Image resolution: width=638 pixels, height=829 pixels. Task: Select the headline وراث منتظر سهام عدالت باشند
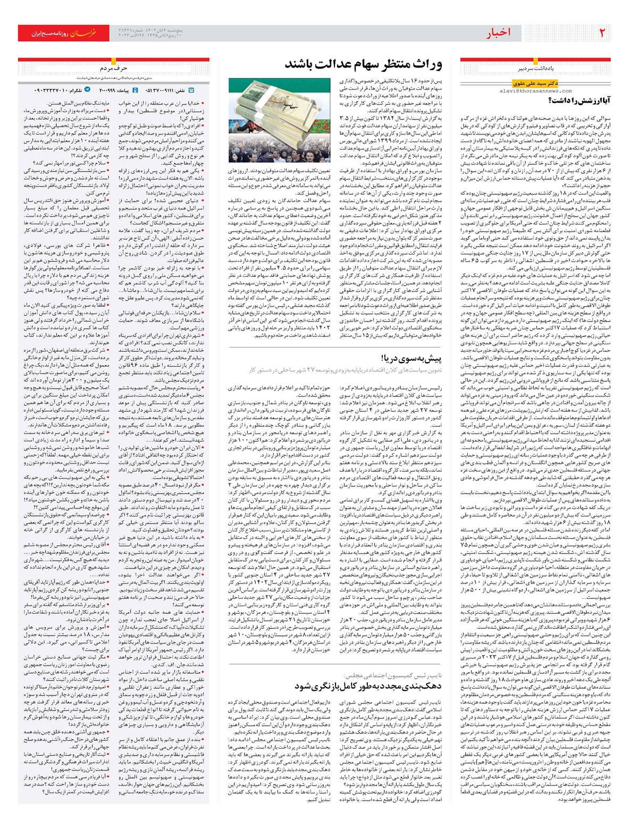(363, 65)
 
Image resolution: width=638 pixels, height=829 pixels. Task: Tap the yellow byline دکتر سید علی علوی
(535, 83)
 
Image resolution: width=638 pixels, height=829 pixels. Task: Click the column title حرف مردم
(113, 69)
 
